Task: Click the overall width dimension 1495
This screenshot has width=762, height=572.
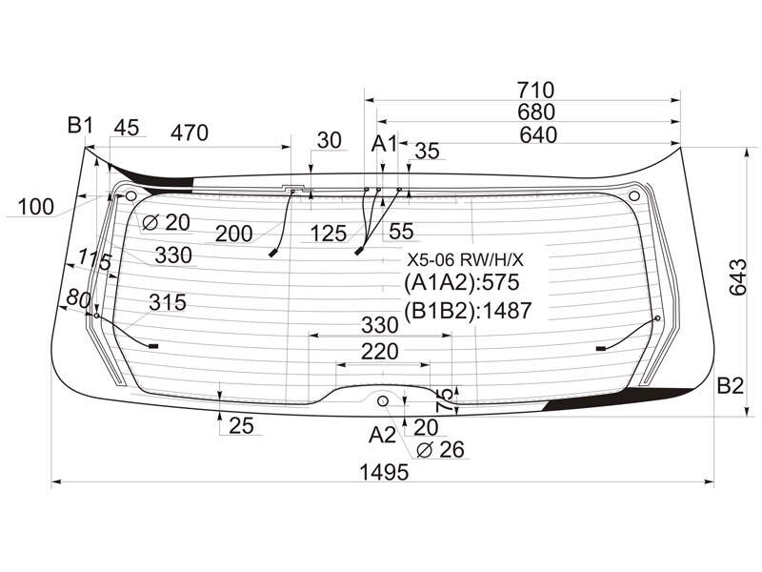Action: [x=384, y=471]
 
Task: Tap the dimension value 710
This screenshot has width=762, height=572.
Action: [x=535, y=90]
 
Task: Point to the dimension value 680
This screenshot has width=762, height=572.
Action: [x=536, y=112]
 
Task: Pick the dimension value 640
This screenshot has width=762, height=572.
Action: [x=538, y=134]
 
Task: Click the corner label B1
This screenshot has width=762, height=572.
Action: [x=80, y=126]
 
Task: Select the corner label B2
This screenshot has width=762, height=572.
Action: [x=731, y=386]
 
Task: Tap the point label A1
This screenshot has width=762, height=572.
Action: [x=384, y=144]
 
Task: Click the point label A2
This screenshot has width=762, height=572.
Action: [x=383, y=435]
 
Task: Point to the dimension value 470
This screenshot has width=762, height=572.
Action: [x=190, y=133]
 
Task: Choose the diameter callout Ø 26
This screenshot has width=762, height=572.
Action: [x=441, y=450]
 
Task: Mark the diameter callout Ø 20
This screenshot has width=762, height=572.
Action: [x=166, y=222]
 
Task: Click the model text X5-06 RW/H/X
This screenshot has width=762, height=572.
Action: [x=466, y=260]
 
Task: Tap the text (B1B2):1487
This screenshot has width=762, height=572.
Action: [x=468, y=311]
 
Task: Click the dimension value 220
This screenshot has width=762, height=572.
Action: [x=379, y=351]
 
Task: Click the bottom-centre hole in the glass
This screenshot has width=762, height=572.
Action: [x=383, y=400]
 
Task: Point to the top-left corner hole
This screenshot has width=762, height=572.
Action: [x=130, y=196]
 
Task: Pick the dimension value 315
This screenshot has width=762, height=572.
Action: [x=168, y=302]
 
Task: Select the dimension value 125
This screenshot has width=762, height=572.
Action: [x=329, y=234]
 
